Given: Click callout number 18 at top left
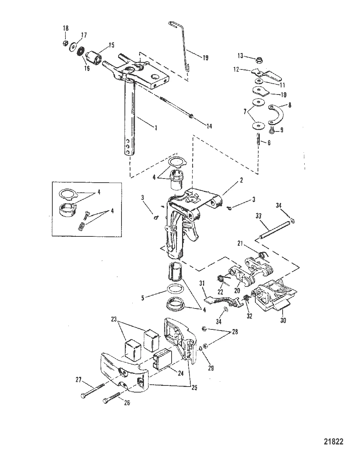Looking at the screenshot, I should pos(65,28).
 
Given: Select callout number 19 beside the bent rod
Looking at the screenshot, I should pos(205,58).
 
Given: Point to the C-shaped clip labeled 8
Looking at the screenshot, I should pos(278,114).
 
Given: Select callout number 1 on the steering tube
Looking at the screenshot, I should pos(156,128).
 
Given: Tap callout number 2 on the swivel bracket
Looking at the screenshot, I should pos(241,180).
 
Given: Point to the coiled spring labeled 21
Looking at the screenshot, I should pos(264,255).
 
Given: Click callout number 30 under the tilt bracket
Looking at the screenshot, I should pos(283,320).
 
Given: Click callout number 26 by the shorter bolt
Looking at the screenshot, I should pos(127,403).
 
